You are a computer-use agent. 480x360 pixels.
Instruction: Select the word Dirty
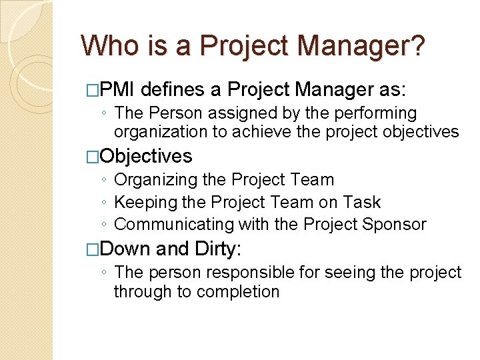(x=215, y=249)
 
